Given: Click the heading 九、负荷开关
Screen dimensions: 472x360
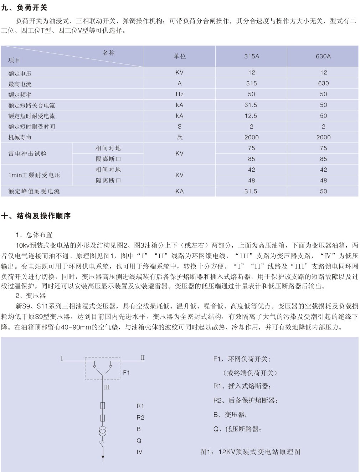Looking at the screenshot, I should pyautogui.click(x=24, y=7).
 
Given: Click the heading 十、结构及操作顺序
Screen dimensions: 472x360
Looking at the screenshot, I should pyautogui.click(x=36, y=216).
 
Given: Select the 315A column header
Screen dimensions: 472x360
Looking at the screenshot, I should pyautogui.click(x=252, y=56).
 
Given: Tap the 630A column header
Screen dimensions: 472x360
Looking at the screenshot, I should pyautogui.click(x=323, y=56).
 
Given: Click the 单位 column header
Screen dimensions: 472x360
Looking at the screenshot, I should pyautogui.click(x=180, y=56).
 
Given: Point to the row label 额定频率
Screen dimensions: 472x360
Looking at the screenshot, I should pyautogui.click(x=20, y=95).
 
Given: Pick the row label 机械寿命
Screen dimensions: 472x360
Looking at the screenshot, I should pyautogui.click(x=20, y=138).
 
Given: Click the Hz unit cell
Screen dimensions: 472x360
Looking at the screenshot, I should pyautogui.click(x=180, y=94).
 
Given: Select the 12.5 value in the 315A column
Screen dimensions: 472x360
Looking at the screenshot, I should pyautogui.click(x=251, y=116).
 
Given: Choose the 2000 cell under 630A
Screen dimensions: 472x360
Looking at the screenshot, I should pyautogui.click(x=323, y=138).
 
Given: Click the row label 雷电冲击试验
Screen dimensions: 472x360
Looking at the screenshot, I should pyautogui.click(x=28, y=154).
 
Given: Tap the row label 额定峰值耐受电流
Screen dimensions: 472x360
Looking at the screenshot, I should pyautogui.click(x=34, y=191).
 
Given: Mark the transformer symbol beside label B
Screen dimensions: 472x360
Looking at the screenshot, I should pyautogui.click(x=103, y=430).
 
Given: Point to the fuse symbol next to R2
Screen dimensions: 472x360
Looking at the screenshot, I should pyautogui.click(x=103, y=417).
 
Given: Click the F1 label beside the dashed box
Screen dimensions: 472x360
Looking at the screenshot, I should pyautogui.click(x=127, y=373).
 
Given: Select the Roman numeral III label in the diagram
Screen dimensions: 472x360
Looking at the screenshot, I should pyautogui.click(x=107, y=387).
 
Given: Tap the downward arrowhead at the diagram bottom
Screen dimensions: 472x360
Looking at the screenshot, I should pyautogui.click(x=103, y=457).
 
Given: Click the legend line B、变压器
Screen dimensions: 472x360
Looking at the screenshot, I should pyautogui.click(x=230, y=415).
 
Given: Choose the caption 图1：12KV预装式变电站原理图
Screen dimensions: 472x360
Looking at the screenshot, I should pyautogui.click(x=251, y=452).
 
